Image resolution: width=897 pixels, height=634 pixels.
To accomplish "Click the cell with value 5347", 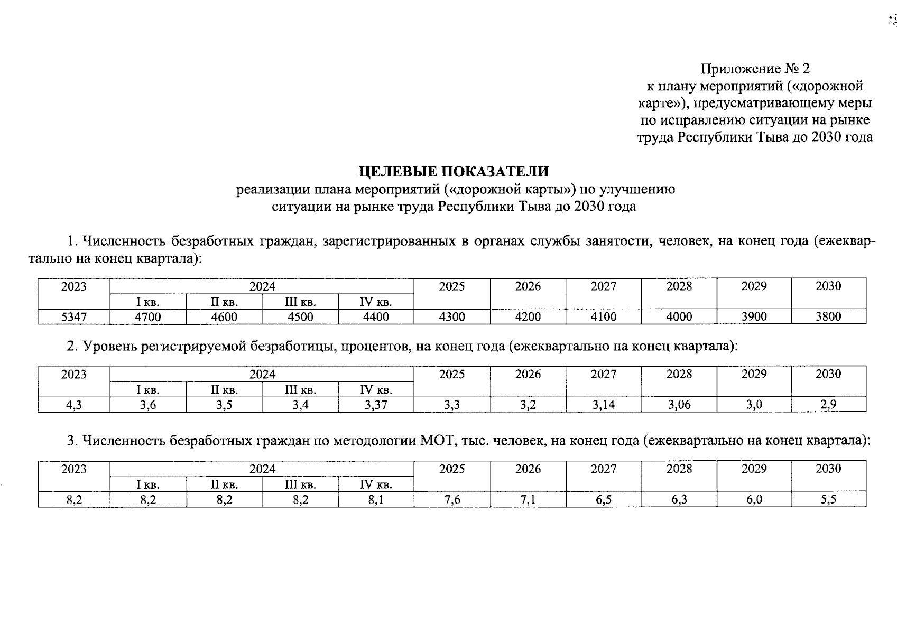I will tap(74, 316).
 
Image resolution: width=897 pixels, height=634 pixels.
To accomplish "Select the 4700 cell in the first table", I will tap(148, 316).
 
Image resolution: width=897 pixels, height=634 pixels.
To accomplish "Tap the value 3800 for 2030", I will tap(828, 316).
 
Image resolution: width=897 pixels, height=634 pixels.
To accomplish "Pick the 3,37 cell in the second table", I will tap(376, 405).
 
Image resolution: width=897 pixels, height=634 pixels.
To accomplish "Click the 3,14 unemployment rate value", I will tap(604, 405).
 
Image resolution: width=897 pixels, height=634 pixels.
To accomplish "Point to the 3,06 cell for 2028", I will tap(679, 405).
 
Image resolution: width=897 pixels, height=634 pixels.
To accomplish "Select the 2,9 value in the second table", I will tap(828, 405).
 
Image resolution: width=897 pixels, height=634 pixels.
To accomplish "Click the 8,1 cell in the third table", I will tap(376, 499).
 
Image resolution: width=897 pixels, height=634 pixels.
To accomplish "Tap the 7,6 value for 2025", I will tap(452, 499).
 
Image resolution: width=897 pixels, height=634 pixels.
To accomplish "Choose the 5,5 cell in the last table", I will tap(828, 499).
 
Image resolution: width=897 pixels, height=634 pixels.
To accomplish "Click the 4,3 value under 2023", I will tap(74, 405).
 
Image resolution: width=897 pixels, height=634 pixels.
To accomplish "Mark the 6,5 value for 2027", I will tap(604, 499).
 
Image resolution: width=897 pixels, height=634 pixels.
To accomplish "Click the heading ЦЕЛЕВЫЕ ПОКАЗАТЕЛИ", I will tap(454, 172).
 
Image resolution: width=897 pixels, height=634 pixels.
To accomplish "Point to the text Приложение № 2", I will tap(755, 69).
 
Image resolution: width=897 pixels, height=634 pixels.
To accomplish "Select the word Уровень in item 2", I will tap(109, 346).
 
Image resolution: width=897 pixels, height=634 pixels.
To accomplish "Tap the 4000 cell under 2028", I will tap(679, 316).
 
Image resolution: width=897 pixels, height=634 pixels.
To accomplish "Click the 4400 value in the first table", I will tap(376, 316).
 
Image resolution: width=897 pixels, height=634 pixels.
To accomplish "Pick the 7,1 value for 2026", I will tap(528, 499).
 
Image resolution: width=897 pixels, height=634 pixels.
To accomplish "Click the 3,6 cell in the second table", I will tap(148, 405).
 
